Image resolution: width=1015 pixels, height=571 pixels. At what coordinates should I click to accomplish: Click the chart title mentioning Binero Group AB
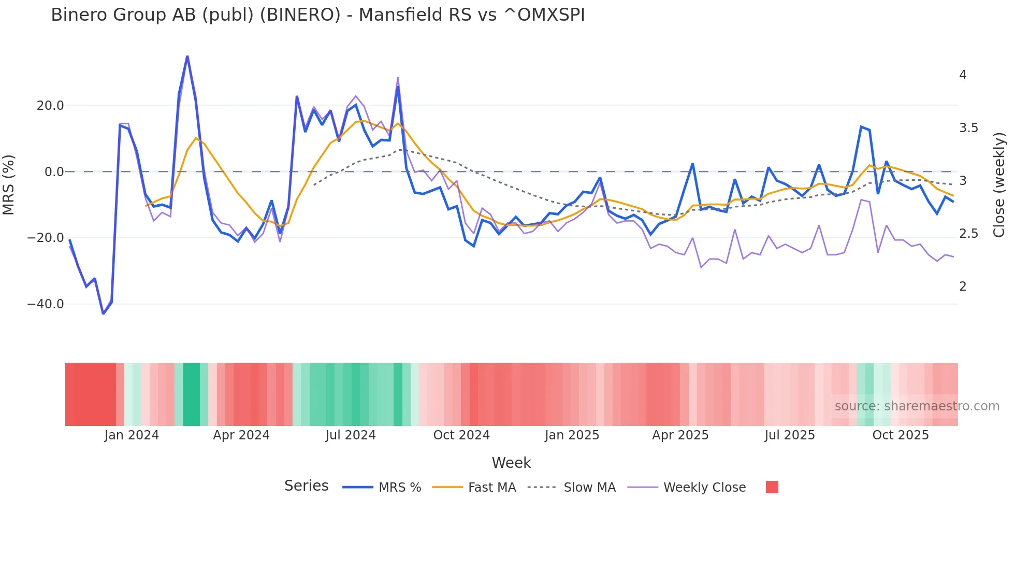pos(317,15)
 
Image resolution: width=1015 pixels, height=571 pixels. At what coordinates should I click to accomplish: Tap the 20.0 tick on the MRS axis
pos(50,106)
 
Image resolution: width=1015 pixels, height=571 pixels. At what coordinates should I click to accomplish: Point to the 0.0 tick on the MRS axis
pos(54,172)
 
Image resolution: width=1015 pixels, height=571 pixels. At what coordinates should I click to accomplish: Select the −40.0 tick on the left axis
pos(46,304)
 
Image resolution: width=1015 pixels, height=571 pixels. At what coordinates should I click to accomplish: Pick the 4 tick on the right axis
pos(963,75)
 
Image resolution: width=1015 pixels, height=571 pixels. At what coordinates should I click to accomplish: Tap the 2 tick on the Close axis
pos(963,287)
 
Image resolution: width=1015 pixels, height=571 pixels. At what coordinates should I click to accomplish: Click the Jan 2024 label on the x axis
pos(132,435)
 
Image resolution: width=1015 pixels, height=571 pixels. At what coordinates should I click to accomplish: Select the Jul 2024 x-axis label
pos(351,435)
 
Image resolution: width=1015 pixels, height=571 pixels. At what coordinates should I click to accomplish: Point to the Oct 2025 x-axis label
pos(901,435)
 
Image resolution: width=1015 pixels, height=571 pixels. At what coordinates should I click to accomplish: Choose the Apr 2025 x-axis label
pos(680,435)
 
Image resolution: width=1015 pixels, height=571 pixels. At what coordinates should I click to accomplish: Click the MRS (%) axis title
pos(9,184)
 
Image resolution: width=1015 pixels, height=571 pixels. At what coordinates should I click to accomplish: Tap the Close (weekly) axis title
pos(999,184)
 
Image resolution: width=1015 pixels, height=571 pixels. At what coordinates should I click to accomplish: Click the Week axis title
pos(511,463)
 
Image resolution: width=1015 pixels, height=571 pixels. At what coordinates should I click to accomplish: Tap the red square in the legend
pos(772,487)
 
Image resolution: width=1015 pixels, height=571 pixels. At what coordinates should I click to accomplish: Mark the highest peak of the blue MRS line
pos(187,56)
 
